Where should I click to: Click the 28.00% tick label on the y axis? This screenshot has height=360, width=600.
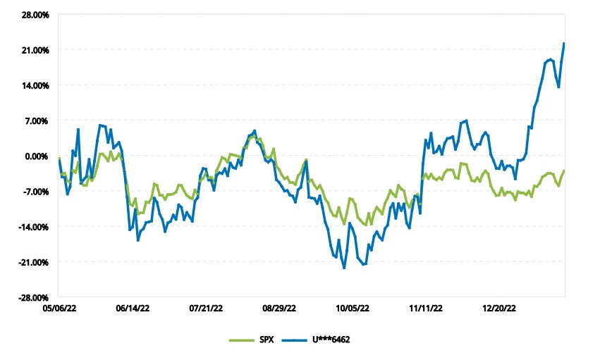35,15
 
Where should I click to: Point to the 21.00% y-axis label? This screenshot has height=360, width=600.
35,51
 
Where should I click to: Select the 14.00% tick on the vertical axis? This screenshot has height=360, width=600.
35,86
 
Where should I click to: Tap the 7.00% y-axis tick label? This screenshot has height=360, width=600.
37,121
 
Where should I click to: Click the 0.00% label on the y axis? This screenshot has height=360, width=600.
37,156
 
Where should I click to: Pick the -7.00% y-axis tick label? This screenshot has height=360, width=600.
36,192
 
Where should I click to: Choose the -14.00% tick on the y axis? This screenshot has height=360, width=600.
35,228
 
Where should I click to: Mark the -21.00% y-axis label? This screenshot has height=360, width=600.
35,263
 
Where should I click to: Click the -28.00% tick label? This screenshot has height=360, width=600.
35,298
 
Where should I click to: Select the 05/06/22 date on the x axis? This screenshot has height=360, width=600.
59,309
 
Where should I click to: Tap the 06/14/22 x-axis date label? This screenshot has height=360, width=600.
133,309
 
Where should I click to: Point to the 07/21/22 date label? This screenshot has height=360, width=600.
206,309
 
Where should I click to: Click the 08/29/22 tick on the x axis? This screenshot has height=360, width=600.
279,309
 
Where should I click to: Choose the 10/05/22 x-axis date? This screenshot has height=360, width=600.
353,309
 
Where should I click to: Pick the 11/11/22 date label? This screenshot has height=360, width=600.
426,309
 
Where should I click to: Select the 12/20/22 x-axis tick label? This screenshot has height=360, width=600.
499,309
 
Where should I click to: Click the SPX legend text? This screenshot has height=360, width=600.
267,340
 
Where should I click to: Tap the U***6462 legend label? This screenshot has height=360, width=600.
331,340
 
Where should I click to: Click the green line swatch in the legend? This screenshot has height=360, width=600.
242,340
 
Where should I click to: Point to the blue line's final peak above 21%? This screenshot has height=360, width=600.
564,44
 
